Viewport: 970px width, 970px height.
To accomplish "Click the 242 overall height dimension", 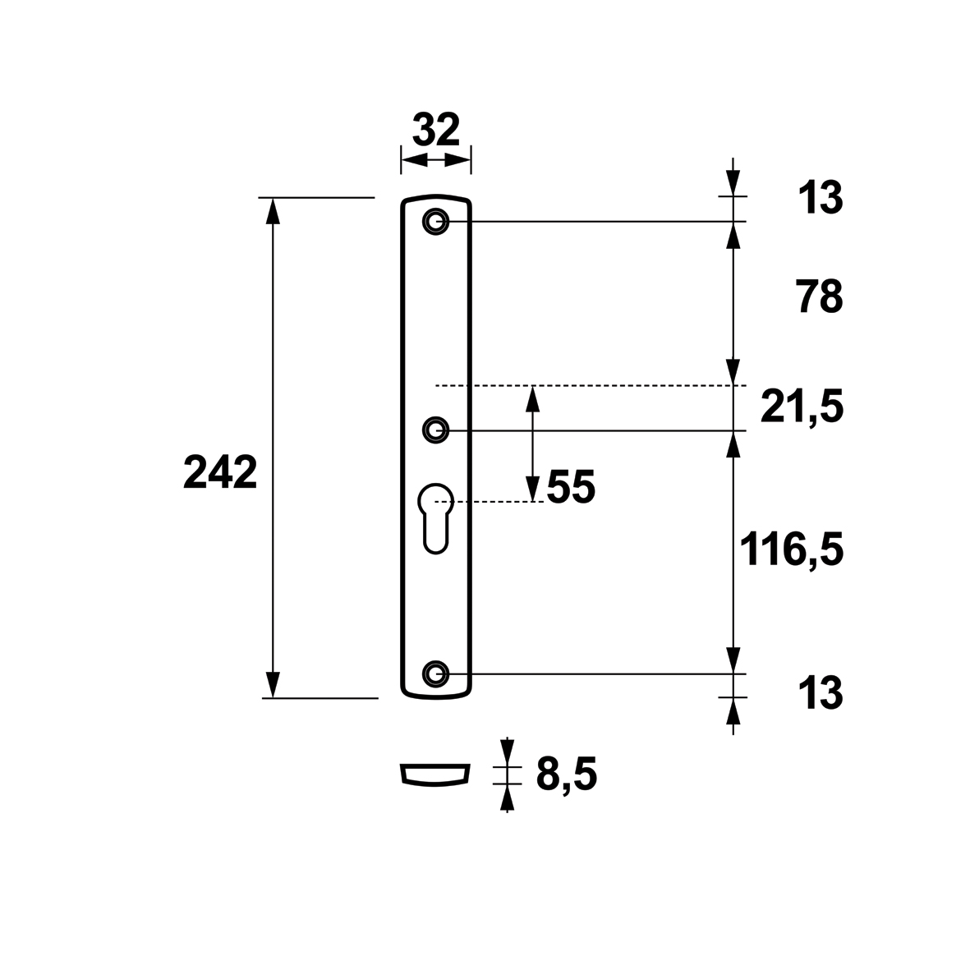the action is (220, 472).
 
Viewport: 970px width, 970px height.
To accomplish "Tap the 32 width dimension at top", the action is (436, 129).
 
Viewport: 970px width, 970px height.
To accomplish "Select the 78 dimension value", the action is (820, 297).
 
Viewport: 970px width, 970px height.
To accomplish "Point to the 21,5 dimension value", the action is (802, 407).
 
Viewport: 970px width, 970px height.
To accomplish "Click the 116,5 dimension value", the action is (792, 549).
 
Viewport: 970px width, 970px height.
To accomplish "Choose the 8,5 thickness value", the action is (567, 775).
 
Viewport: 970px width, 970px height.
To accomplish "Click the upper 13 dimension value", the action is (821, 198).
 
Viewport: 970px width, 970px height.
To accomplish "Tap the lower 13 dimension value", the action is (821, 693).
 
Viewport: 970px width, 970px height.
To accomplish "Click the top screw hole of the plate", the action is (435, 222).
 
